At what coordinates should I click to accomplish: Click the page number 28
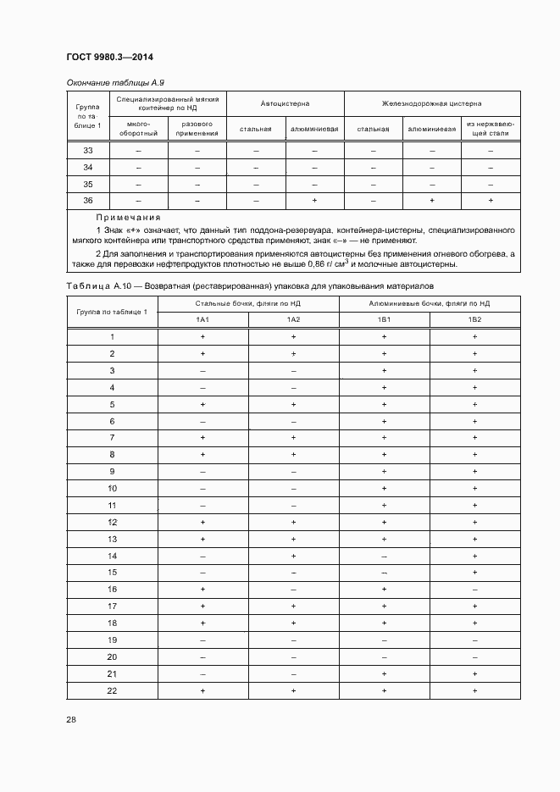(71, 720)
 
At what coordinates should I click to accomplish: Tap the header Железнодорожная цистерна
(431, 104)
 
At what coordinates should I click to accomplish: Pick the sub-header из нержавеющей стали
(490, 129)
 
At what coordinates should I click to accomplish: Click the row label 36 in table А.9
(88, 201)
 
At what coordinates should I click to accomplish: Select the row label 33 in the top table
(88, 151)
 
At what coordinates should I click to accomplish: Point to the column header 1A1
(202, 319)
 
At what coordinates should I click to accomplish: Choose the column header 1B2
(474, 319)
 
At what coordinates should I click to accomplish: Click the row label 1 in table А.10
(112, 337)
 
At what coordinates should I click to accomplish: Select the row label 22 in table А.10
(112, 691)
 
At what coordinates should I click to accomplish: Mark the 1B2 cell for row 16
(474, 590)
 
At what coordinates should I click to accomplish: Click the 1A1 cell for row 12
(202, 522)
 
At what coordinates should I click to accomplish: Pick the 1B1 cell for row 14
(384, 556)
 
